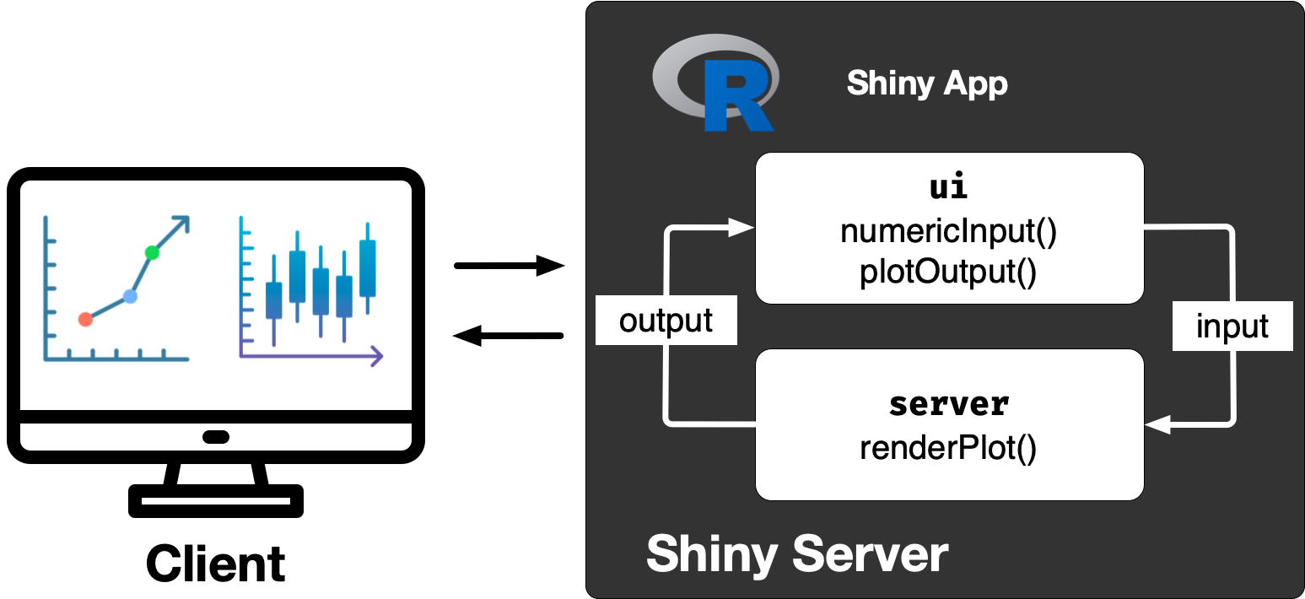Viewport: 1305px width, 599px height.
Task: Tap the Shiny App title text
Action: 926,84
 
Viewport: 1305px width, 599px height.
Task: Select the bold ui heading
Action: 948,187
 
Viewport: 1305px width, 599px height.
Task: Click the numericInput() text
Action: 948,232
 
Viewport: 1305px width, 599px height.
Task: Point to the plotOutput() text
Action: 948,272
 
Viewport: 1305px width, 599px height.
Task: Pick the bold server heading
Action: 948,404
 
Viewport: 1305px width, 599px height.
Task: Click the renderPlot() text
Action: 948,448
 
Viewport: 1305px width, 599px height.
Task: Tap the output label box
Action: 666,321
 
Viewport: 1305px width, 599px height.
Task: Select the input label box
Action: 1232,326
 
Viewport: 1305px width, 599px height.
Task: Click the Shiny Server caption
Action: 797,554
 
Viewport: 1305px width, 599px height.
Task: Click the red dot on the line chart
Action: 84,319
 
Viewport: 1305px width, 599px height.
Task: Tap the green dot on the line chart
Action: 152,251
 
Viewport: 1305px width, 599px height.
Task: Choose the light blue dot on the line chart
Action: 129,296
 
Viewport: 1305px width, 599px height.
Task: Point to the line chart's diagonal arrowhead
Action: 181,224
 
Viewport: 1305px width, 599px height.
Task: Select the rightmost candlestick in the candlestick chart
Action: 367,267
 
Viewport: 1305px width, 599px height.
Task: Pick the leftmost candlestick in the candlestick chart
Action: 273,300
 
